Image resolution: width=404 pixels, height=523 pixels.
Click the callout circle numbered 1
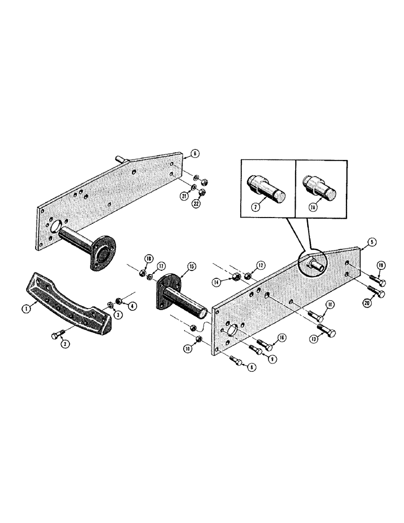pyautogui.click(x=24, y=309)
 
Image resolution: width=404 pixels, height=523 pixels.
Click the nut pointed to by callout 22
pyautogui.click(x=204, y=193)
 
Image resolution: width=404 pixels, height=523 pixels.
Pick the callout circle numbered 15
pyautogui.click(x=191, y=266)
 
